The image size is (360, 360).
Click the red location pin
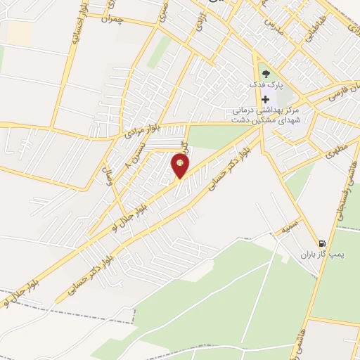click(x=181, y=167)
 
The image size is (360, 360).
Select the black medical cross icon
click(x=265, y=99)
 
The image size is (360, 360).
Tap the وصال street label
click(x=109, y=174)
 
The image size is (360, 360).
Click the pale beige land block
click(x=19, y=32)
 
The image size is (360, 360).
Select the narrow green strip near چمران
click(x=160, y=51)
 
